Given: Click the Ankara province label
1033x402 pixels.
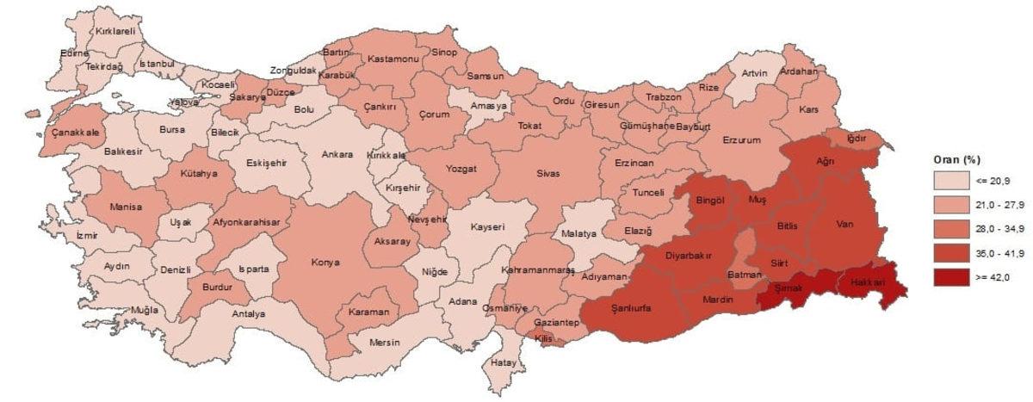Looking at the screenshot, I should (x=337, y=155).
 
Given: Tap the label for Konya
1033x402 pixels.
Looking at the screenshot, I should (x=325, y=262).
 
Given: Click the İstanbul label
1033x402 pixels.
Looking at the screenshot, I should (x=157, y=64).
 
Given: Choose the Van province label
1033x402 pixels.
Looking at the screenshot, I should (x=844, y=224).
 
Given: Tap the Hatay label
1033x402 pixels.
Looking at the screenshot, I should (x=503, y=362).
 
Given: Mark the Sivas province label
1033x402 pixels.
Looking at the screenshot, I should (x=547, y=173).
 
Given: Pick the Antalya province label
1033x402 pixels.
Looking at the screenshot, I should (x=248, y=313).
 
